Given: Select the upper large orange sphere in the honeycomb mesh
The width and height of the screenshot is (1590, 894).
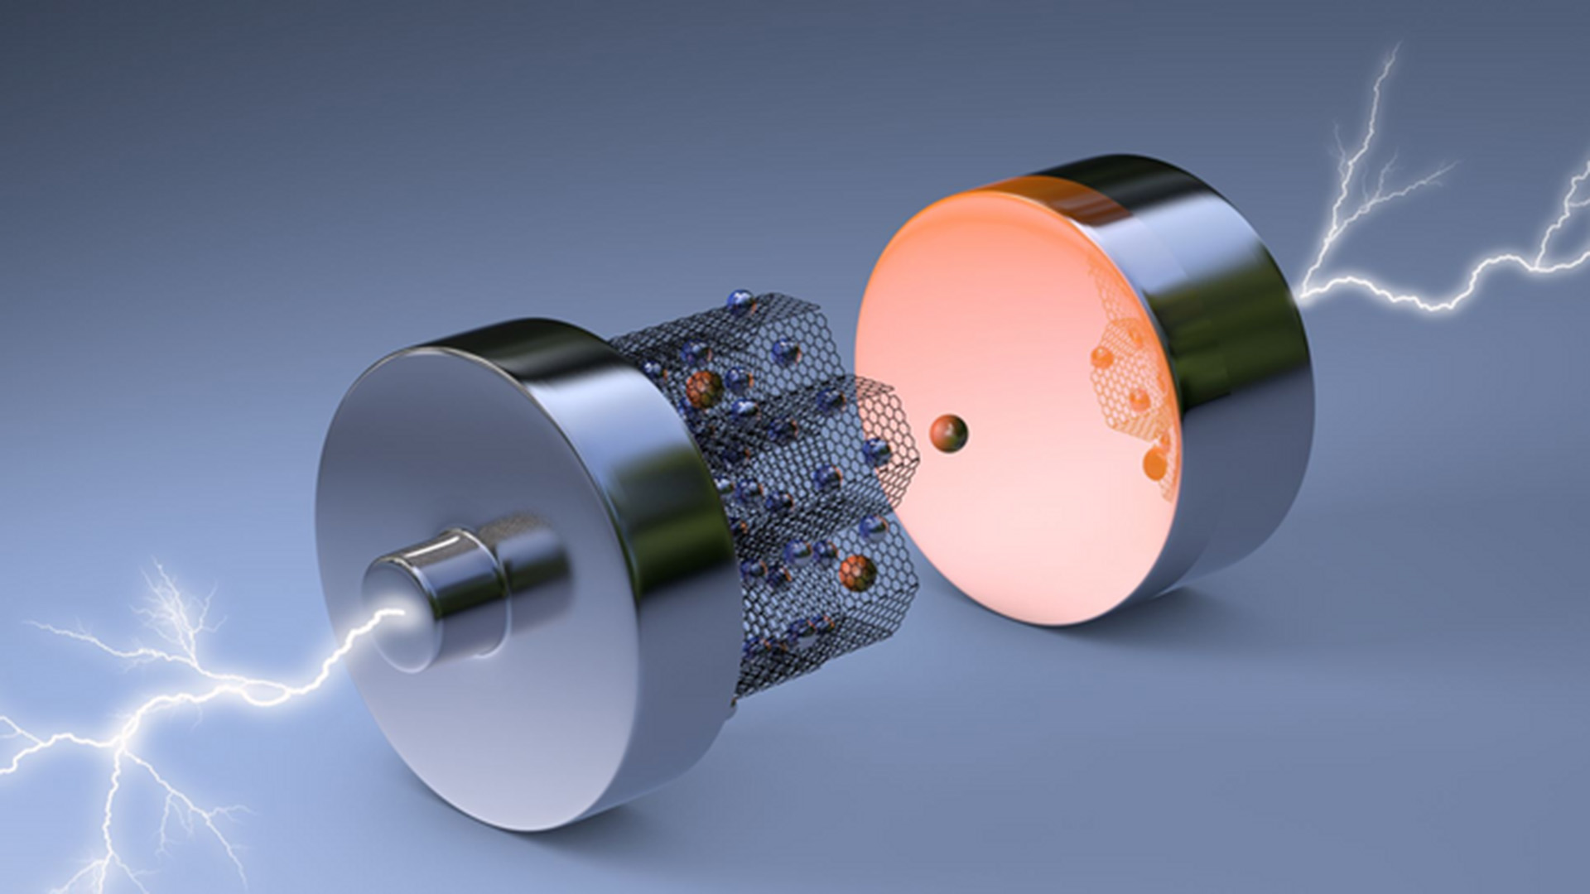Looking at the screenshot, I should pyautogui.click(x=703, y=389).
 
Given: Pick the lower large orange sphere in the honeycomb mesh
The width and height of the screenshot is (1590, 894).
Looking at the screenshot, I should pyautogui.click(x=857, y=572).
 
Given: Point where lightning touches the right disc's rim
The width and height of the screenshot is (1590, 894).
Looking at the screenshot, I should pyautogui.click(x=1304, y=290).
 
